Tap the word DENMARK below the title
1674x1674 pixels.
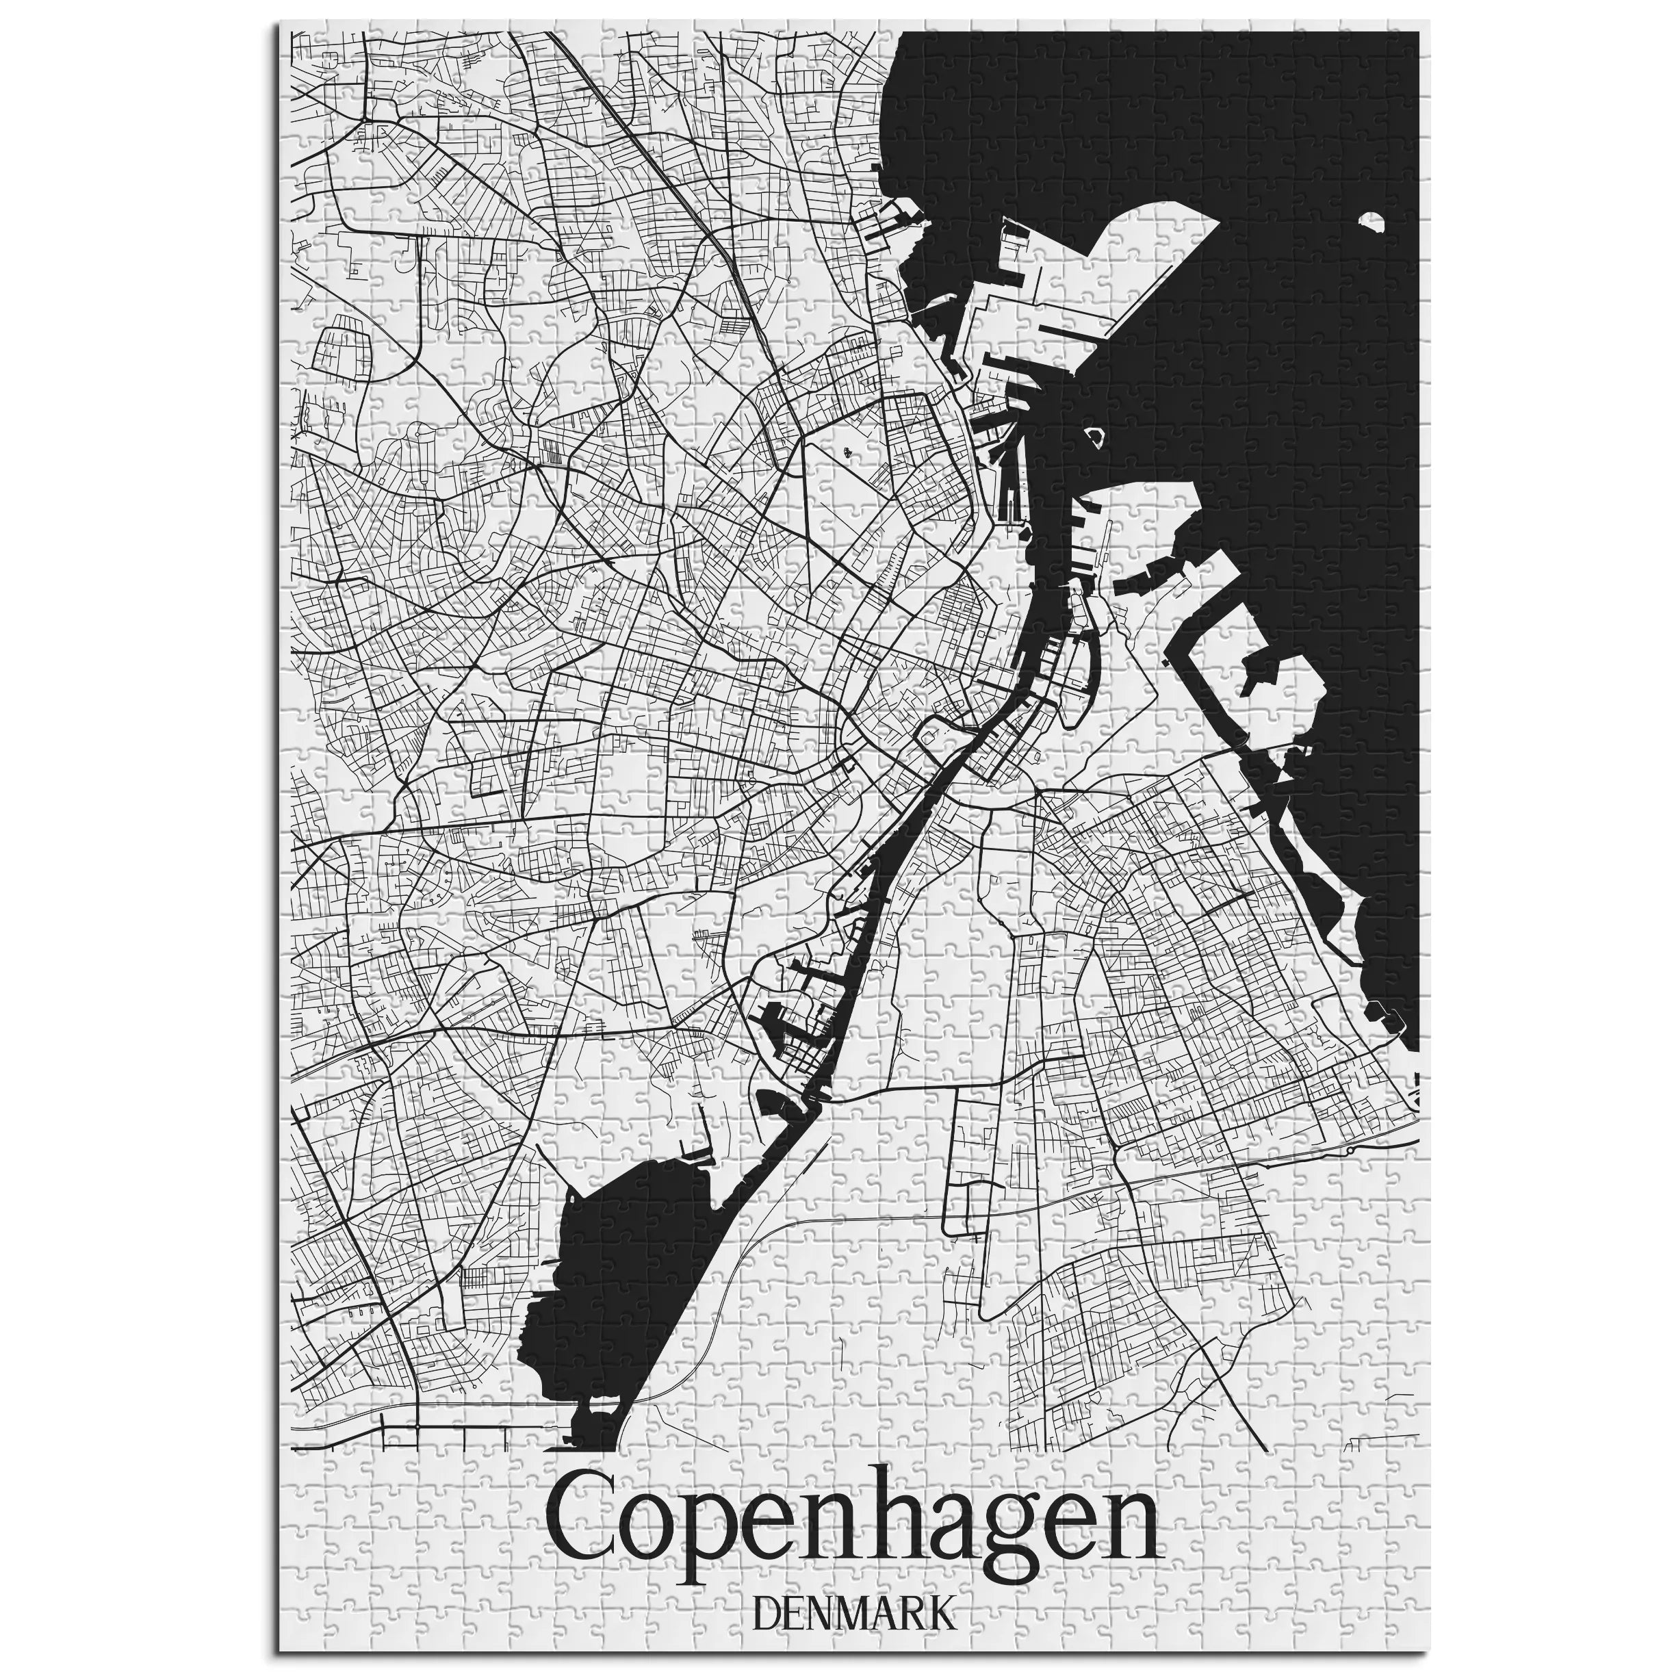point(853,1567)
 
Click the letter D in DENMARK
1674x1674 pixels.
point(768,1567)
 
